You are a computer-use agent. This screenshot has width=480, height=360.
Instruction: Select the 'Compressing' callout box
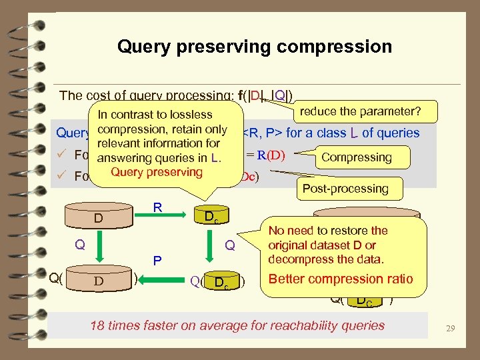(x=356, y=157)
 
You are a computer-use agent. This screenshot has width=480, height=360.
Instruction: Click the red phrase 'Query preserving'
(x=157, y=172)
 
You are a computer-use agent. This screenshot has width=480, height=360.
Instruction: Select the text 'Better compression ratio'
(x=340, y=279)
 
